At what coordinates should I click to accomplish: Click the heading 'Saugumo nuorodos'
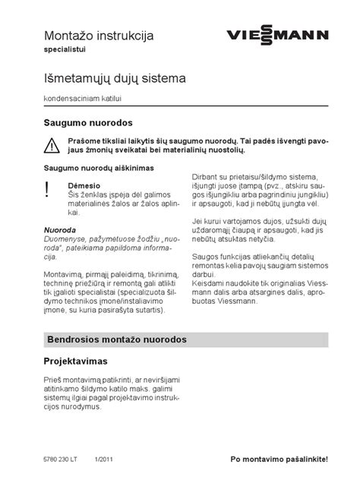[x=87, y=122]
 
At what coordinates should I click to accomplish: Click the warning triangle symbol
[x=50, y=145]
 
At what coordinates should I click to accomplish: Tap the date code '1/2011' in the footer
[x=105, y=459]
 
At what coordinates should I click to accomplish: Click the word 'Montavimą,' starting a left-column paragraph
[x=59, y=272]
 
